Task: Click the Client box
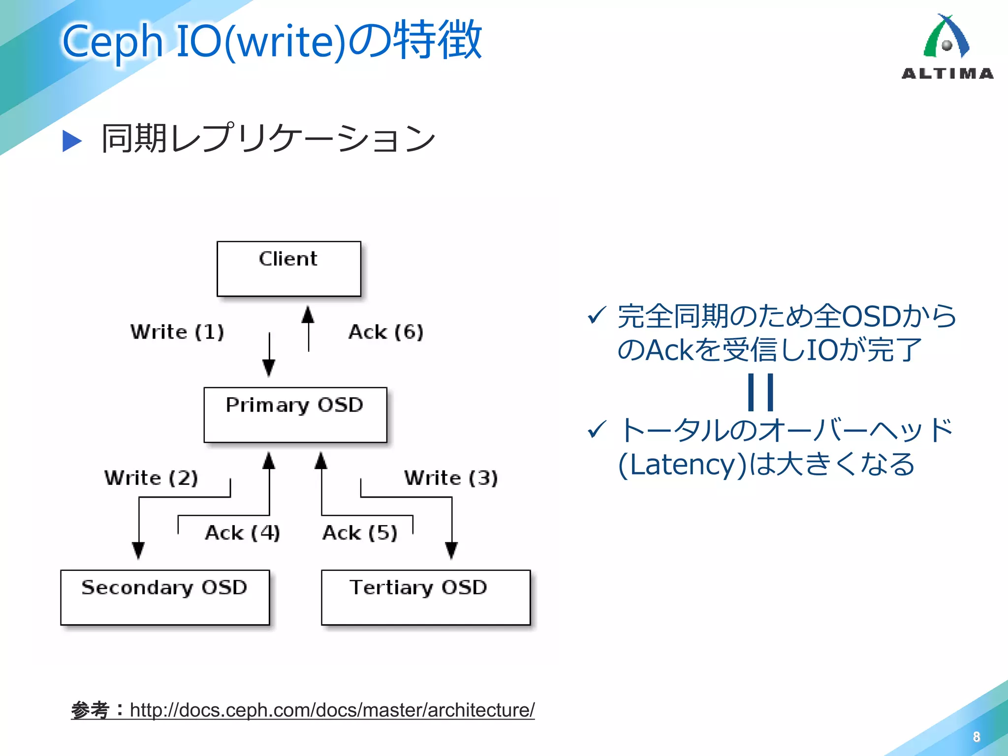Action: [289, 269]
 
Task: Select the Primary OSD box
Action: [295, 415]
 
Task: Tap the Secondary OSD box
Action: [165, 598]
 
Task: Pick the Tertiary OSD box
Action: [426, 598]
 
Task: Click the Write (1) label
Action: [177, 332]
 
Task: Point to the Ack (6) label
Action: [386, 332]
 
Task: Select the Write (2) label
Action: [151, 478]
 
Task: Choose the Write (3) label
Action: [451, 478]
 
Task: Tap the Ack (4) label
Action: [243, 533]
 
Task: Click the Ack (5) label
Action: [360, 533]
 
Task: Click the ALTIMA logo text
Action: [947, 74]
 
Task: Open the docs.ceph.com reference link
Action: [332, 710]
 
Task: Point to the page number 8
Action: [976, 737]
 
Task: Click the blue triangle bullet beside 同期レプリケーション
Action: [72, 141]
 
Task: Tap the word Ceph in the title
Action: [112, 41]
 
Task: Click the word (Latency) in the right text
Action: [683, 464]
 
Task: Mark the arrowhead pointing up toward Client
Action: [308, 314]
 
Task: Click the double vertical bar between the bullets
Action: [760, 392]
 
